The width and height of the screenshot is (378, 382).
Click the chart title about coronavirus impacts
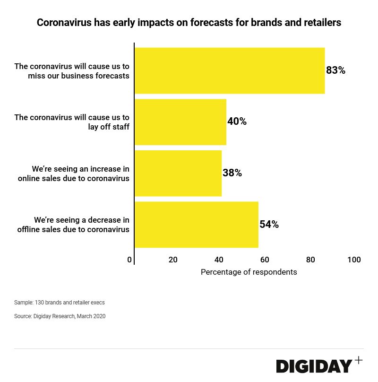click(189, 22)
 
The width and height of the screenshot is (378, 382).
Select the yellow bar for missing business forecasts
click(230, 70)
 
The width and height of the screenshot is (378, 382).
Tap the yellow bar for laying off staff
click(180, 122)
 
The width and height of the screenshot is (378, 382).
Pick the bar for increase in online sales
click(178, 173)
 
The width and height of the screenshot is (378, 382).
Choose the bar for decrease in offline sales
click(197, 225)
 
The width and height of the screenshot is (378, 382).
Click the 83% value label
click(336, 70)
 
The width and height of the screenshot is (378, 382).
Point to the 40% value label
click(237, 122)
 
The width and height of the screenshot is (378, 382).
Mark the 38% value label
click(232, 173)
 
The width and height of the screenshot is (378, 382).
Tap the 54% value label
click(269, 225)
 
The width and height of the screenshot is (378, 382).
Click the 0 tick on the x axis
click(129, 260)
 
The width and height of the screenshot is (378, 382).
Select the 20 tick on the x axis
click(173, 260)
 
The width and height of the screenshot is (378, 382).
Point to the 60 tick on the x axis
click(265, 260)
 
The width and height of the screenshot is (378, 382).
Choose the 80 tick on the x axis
click(310, 260)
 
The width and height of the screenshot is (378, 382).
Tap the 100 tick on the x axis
click(354, 260)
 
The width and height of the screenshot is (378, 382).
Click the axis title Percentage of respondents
click(249, 272)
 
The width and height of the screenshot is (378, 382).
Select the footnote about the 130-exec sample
click(60, 303)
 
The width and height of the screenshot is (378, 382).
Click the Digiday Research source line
click(60, 316)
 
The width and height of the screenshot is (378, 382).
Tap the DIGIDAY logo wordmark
click(314, 366)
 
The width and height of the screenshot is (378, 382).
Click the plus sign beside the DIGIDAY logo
click(359, 360)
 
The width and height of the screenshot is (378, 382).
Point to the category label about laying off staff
click(72, 122)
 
